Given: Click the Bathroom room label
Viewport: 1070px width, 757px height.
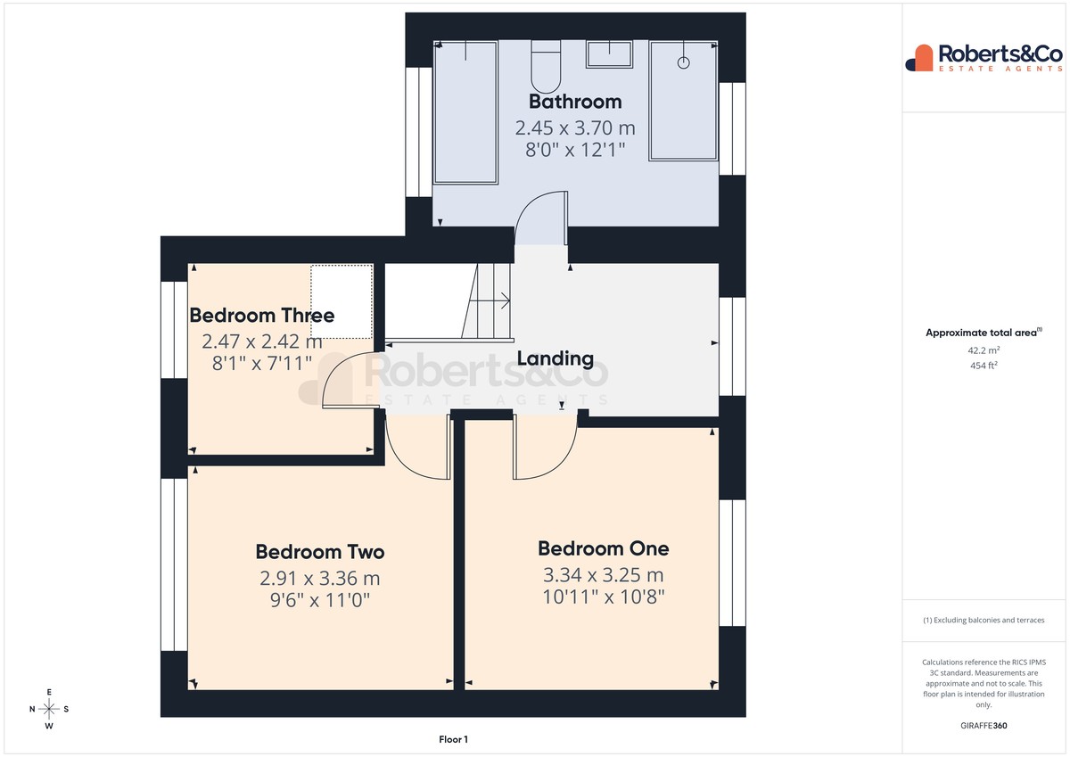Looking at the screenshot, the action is tap(575, 102).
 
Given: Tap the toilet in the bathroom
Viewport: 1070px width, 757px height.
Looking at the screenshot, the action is tap(546, 67).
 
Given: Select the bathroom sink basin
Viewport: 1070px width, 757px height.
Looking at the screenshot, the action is tap(610, 54).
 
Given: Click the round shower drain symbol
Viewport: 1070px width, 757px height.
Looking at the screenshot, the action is tap(683, 62).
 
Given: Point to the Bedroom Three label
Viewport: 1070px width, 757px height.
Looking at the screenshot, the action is tap(262, 316).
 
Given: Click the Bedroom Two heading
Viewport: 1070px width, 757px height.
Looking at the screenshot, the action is tap(320, 552).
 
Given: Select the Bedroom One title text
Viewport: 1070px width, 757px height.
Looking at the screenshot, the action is tap(604, 548).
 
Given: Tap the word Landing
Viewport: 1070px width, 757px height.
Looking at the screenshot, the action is tap(555, 358).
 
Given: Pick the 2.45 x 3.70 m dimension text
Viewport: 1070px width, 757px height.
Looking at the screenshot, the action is tap(575, 128).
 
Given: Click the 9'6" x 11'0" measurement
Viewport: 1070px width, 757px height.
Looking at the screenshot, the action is tap(320, 600).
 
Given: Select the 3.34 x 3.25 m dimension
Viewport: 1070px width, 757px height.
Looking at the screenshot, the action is tap(604, 575).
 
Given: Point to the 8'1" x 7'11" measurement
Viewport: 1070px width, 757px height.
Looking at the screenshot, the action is tap(262, 364).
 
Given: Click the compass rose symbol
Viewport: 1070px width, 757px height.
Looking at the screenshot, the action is tap(49, 709).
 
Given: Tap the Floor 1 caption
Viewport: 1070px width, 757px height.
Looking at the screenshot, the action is tap(453, 739).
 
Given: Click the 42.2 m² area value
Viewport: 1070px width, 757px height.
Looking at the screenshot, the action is tap(984, 350).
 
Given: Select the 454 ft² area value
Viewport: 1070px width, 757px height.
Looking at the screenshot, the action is tap(984, 366).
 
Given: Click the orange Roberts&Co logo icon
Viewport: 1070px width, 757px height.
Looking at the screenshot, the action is tap(919, 58).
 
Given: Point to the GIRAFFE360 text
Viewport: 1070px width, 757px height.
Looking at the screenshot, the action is tap(984, 726).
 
